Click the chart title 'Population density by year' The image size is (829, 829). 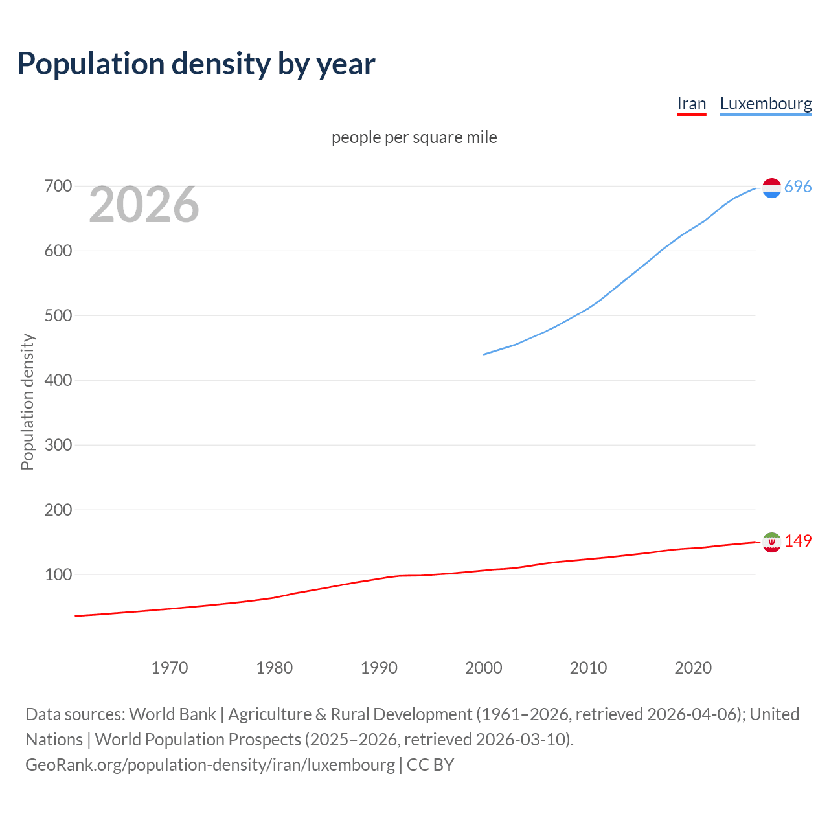(196, 64)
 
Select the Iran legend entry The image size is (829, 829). (691, 104)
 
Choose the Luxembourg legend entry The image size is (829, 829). (766, 104)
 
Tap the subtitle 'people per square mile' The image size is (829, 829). (414, 137)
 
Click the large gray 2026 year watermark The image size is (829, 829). (144, 205)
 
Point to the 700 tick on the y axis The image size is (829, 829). (58, 187)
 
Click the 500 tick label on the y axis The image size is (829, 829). (58, 316)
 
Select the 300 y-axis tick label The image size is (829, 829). (58, 446)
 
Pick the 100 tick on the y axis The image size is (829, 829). (58, 575)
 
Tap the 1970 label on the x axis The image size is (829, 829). (170, 668)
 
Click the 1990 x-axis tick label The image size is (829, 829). (379, 668)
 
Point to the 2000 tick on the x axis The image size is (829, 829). (483, 668)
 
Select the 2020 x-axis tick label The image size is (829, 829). (692, 668)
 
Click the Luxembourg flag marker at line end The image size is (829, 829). (771, 188)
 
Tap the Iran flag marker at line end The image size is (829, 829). (771, 542)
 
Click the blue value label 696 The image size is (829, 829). (797, 187)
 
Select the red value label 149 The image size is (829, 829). (798, 541)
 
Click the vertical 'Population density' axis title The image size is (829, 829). (27, 402)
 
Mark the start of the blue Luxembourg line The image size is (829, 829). (484, 354)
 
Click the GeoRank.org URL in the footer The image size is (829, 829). (210, 765)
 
